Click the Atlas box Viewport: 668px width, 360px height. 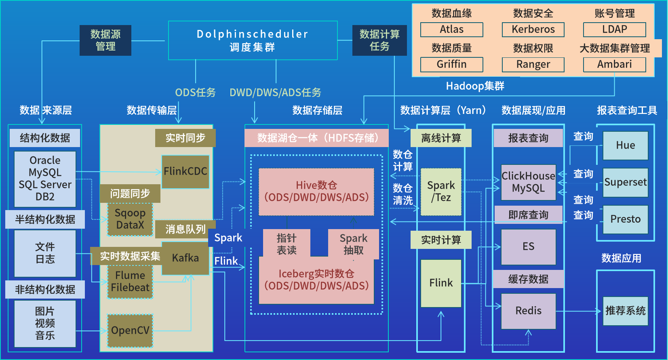[x=451, y=29]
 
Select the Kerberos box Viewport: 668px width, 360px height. [x=533, y=29]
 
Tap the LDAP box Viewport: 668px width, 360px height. [x=614, y=29]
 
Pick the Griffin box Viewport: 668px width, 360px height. [x=451, y=64]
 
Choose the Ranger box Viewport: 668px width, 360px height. [x=533, y=64]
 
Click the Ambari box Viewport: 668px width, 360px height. [x=614, y=64]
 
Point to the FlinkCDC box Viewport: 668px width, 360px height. [x=185, y=172]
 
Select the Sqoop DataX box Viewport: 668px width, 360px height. [x=130, y=219]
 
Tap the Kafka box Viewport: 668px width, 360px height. [x=185, y=258]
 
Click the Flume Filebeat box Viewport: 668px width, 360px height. [x=130, y=282]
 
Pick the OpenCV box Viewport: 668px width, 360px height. [x=130, y=331]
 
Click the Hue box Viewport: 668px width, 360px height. [x=625, y=145]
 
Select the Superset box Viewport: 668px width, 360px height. [x=625, y=182]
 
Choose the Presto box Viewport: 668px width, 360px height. [x=625, y=219]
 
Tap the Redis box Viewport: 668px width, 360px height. [x=528, y=311]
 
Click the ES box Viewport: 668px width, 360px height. [x=528, y=246]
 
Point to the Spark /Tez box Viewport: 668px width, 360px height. [x=441, y=192]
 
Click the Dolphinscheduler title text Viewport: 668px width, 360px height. [x=253, y=34]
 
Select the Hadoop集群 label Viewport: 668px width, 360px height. [x=475, y=86]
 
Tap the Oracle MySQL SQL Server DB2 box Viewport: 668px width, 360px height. [x=45, y=179]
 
